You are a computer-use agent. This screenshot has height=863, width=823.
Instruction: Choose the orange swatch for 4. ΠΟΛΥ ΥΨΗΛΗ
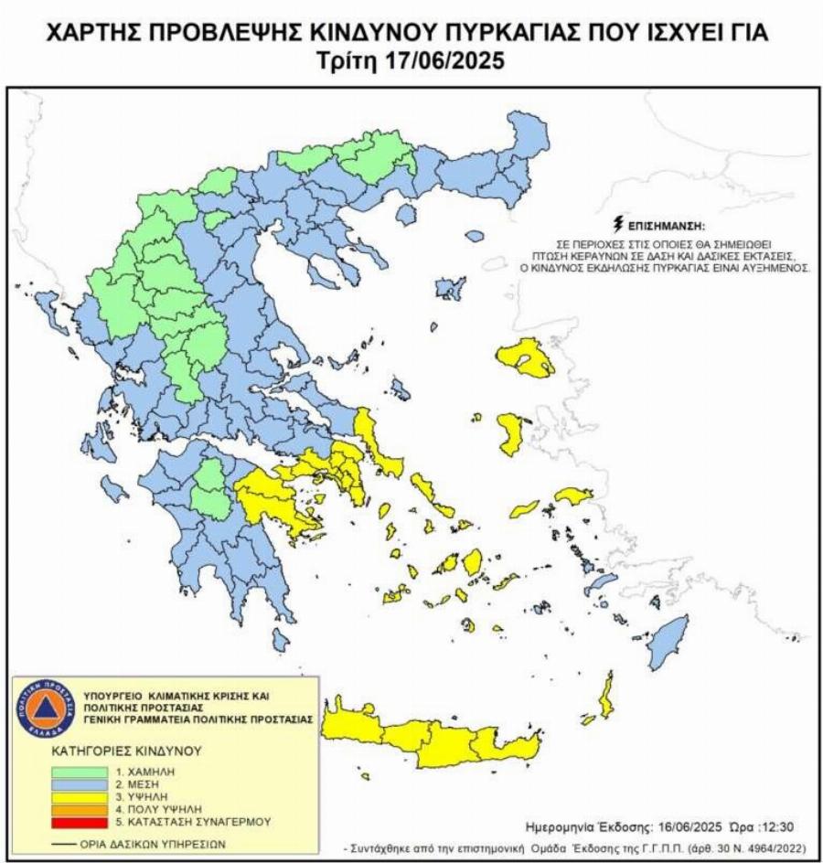click(x=68, y=810)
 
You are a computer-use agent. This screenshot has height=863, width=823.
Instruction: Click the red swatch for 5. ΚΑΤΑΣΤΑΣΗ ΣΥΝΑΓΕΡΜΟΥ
click(x=68, y=822)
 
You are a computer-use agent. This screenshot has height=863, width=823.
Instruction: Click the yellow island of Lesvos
click(x=524, y=357)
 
